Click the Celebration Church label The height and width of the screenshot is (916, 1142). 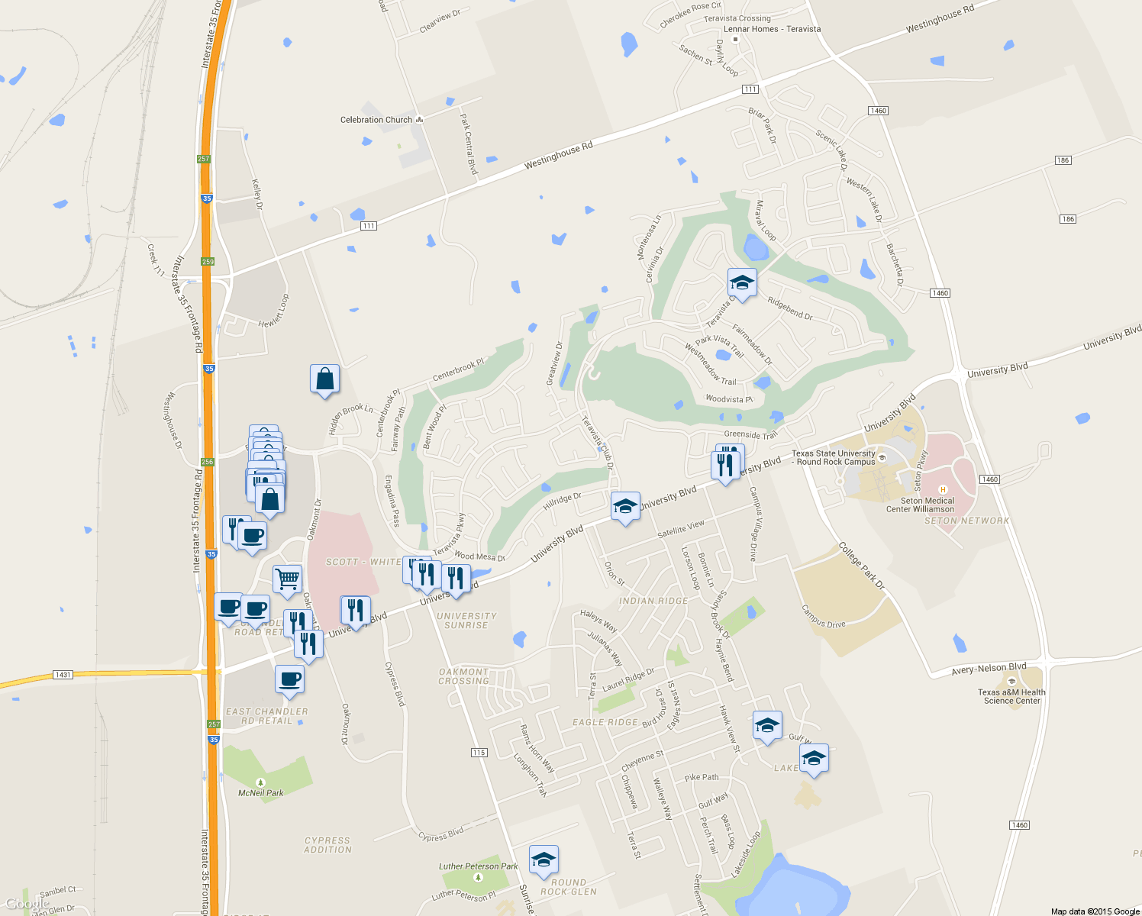pos(376,120)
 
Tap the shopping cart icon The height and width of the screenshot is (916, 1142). pos(287,579)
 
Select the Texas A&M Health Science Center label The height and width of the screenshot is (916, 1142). pos(1011,696)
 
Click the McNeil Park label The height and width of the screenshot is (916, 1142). pos(261,793)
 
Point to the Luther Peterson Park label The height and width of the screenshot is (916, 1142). pos(478,866)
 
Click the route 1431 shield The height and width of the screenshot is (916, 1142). pos(63,675)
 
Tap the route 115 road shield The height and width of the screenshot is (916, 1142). pos(479,753)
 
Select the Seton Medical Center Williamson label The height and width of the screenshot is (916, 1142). pos(920,505)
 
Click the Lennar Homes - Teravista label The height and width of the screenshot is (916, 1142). pos(772,29)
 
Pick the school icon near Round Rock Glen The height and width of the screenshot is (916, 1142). pos(544,860)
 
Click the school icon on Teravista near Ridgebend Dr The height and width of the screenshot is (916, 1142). pos(742,282)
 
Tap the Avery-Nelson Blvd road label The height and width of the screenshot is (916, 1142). pos(989,669)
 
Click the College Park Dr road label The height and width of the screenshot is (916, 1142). pos(861,566)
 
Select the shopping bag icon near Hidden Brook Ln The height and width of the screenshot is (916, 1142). pos(324,379)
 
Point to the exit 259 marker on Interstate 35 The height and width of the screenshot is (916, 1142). pos(208,261)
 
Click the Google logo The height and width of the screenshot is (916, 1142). pos(27,904)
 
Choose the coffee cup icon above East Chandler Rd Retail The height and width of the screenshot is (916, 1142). pos(289,679)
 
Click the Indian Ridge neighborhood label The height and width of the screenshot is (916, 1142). pos(653,601)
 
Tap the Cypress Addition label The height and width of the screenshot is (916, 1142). pos(327,845)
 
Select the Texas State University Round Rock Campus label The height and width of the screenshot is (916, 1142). pos(834,457)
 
